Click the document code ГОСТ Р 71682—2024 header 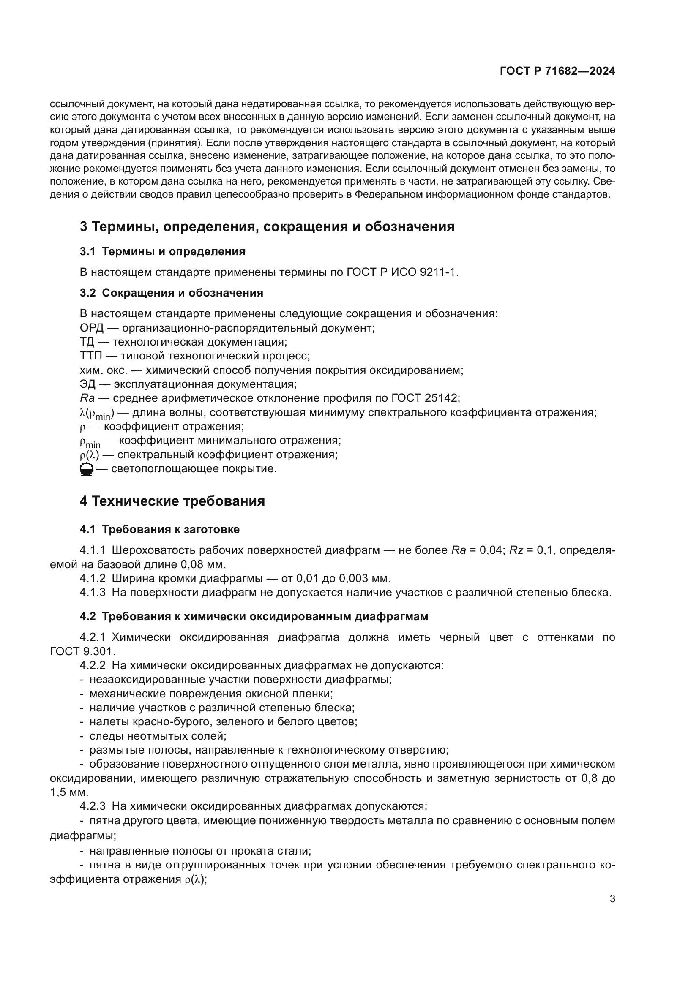tap(557, 71)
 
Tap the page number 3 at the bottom tap(612, 899)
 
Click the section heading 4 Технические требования tap(172, 501)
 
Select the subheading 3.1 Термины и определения tap(162, 252)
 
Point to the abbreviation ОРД tap(92, 328)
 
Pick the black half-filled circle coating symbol tap(87, 469)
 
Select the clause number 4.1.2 tap(93, 578)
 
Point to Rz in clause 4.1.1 tap(516, 550)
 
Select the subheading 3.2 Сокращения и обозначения tap(171, 293)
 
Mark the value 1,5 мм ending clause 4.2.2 tap(69, 792)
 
